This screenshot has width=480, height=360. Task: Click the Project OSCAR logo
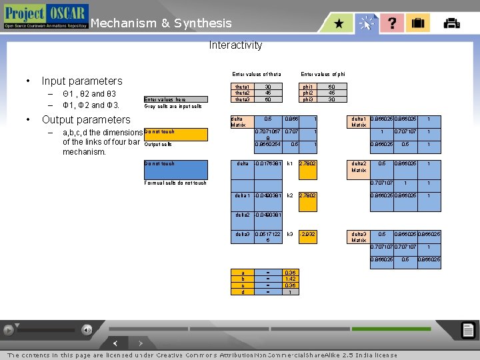pos(45,16)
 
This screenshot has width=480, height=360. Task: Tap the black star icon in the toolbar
pos(339,23)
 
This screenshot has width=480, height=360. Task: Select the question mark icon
pos(392,23)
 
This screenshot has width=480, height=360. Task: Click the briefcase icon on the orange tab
pos(418,23)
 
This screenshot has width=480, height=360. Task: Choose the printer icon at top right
pos(451,23)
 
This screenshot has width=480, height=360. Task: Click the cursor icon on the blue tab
pos(366,24)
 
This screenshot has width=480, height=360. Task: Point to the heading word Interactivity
pos(235,45)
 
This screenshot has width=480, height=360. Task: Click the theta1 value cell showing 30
pos(268,87)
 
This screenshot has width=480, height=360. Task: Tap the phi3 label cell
pos(307,99)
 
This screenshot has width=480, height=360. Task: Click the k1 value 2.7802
pos(307,163)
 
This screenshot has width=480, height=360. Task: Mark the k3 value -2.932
pos(307,234)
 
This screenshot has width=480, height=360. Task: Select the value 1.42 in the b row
pos(290,279)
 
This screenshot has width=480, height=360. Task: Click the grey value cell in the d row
pos(290,292)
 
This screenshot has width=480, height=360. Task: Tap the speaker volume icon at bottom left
pos(87,330)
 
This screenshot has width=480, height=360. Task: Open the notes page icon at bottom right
pos(468,330)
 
